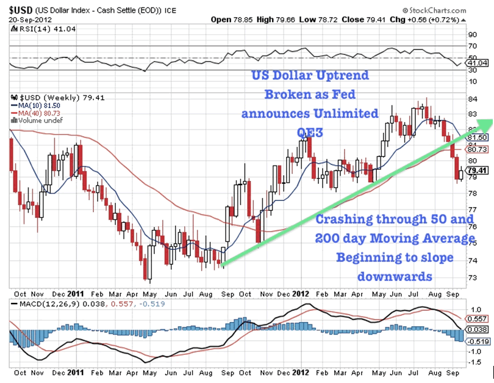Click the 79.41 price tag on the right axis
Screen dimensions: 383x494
478,170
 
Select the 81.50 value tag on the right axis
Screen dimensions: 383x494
478,139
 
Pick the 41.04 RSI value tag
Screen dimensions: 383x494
478,63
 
